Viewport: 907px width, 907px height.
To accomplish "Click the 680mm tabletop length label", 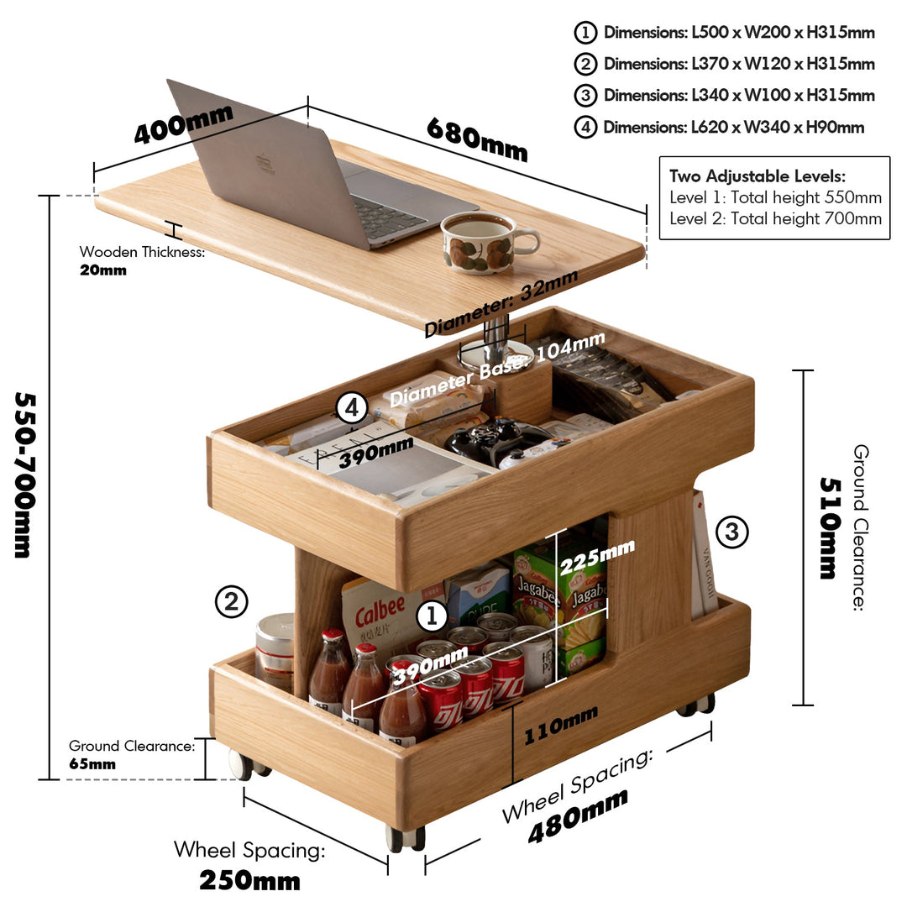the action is tap(477, 139).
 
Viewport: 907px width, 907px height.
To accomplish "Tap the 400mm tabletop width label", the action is tap(183, 123).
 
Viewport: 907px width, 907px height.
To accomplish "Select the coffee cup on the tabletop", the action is tap(488, 243).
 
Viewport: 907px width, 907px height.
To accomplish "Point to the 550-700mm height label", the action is tap(25, 474).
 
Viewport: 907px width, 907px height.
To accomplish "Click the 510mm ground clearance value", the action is tap(829, 528).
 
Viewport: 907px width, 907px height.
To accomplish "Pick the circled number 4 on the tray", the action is tap(352, 408).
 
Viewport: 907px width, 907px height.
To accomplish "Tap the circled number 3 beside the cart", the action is tap(731, 532).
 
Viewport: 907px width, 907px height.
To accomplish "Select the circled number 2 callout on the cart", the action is tap(232, 601).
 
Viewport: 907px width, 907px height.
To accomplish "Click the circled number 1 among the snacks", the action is tap(432, 616).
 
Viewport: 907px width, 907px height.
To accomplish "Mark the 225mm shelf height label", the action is tap(596, 557).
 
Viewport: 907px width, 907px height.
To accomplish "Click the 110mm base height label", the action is tap(560, 726).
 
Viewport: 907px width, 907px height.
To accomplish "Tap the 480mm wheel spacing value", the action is tap(578, 815).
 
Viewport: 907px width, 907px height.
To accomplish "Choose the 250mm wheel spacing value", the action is tap(250, 880).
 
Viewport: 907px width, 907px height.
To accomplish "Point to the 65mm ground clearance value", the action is tap(92, 764).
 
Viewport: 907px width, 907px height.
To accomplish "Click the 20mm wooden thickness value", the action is tap(103, 270).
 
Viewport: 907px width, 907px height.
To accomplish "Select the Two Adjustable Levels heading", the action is tap(758, 176).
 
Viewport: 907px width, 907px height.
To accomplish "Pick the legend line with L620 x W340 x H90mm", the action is tap(719, 127).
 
